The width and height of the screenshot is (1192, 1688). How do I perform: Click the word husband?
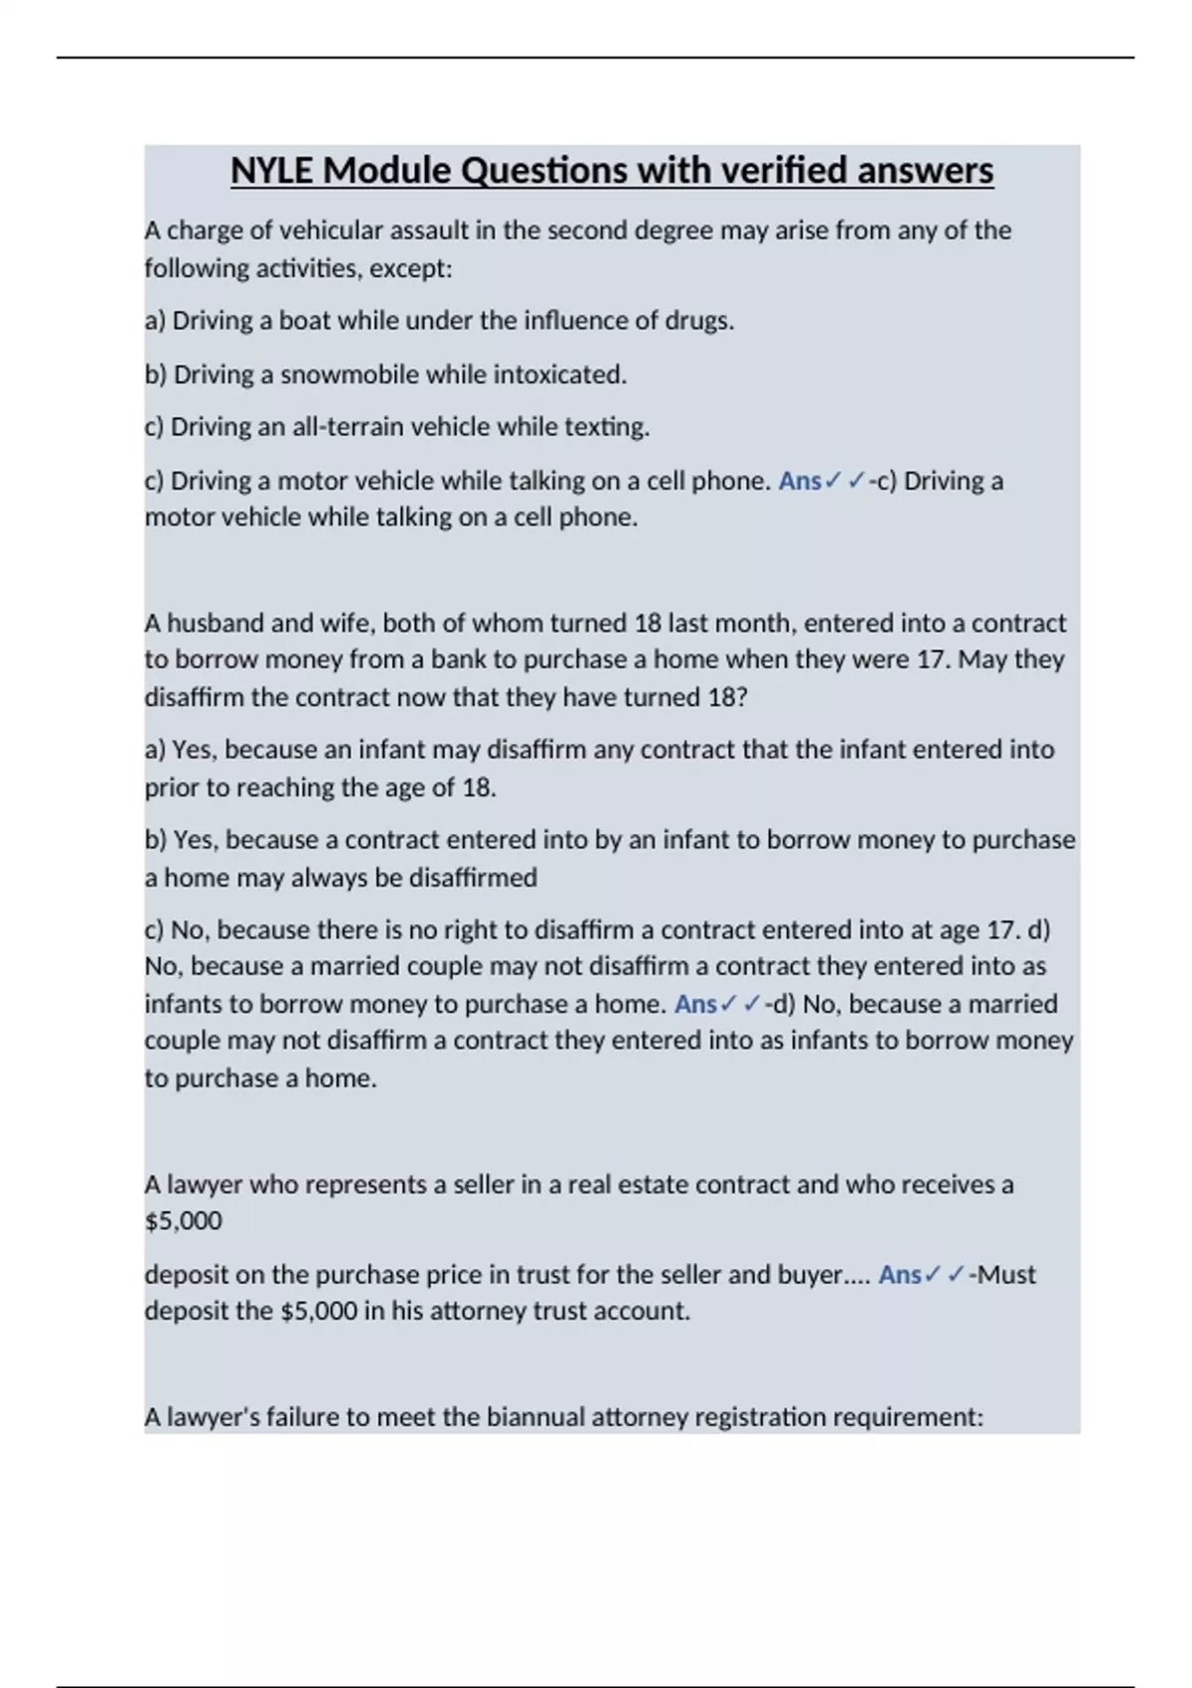(215, 624)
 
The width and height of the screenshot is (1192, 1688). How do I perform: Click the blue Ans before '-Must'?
(900, 1275)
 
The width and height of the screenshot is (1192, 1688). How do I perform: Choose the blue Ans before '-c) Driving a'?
(800, 482)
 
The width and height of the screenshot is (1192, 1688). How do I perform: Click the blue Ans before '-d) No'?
(695, 1004)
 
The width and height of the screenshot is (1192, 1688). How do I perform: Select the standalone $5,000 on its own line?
(184, 1221)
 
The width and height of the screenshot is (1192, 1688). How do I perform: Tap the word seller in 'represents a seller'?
(484, 1185)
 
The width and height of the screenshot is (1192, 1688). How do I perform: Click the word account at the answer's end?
(641, 1312)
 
